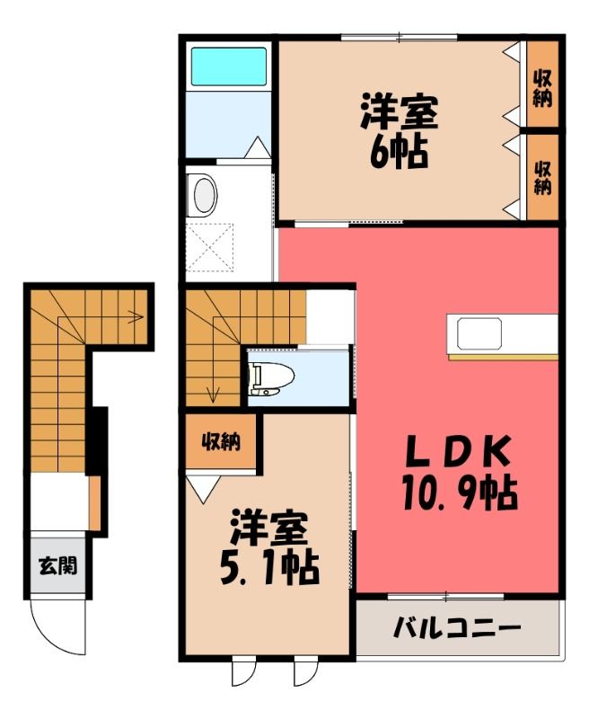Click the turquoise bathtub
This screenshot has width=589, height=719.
(x=229, y=66)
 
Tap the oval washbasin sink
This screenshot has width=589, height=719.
(x=205, y=195)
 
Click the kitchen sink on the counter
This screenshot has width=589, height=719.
(x=479, y=333)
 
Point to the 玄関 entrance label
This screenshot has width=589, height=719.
(x=57, y=566)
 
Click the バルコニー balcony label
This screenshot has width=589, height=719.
(x=457, y=628)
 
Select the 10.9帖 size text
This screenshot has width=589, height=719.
(x=460, y=493)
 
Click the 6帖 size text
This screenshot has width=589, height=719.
(x=399, y=151)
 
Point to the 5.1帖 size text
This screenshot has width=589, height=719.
(x=268, y=568)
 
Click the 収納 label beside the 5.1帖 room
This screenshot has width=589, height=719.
(x=222, y=442)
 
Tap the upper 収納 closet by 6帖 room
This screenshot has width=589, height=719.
(x=542, y=89)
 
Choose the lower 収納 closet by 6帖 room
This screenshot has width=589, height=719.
(x=542, y=177)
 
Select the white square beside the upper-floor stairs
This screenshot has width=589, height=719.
(x=330, y=317)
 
